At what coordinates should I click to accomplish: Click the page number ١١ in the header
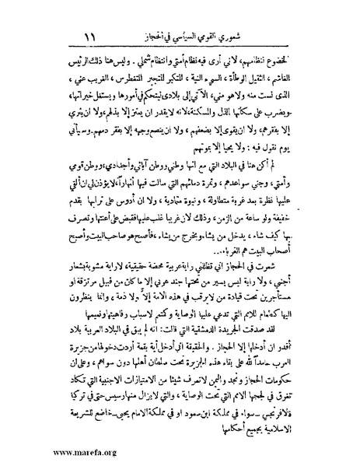87,36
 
